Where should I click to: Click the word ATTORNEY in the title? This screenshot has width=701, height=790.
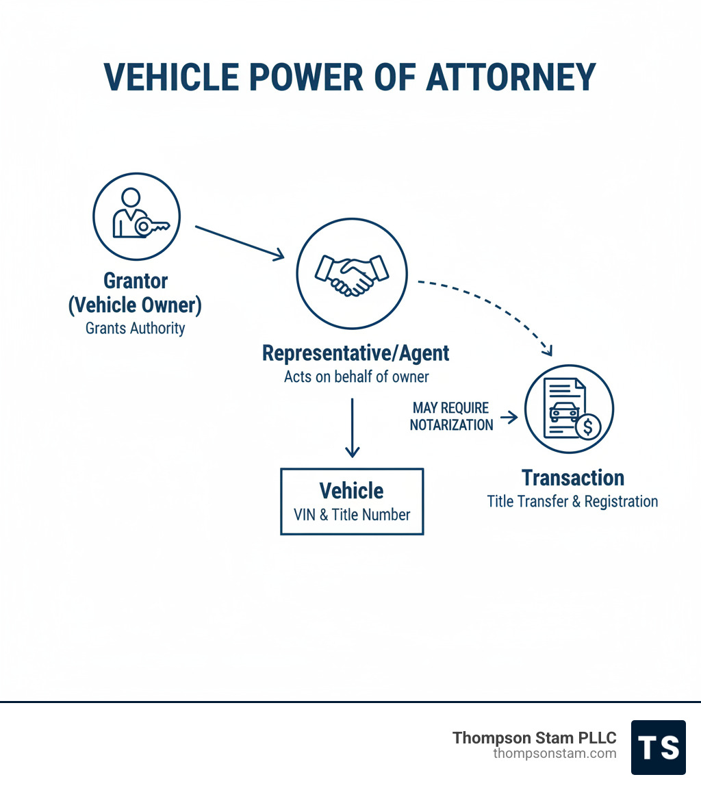511,77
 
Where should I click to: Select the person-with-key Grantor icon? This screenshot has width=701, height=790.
136,216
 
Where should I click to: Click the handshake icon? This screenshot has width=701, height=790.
351,273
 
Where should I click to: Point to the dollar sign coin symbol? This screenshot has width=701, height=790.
587,427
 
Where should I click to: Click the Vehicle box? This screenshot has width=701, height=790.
352,501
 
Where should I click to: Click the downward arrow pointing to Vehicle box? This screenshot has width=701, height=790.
352,427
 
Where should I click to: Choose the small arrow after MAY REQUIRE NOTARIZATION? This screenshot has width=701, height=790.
509,417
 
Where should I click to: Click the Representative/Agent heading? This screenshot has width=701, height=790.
356,353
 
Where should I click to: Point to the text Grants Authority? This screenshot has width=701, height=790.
136,329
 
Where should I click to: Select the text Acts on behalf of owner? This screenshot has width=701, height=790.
356,377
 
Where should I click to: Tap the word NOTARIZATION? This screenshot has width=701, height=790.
451,425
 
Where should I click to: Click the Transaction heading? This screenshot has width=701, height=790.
572,478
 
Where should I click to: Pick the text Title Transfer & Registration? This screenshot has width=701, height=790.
572,501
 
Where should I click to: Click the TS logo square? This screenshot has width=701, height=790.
658,747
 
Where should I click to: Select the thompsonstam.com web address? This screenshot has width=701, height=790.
555,754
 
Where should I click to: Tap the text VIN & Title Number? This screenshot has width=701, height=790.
352,514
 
